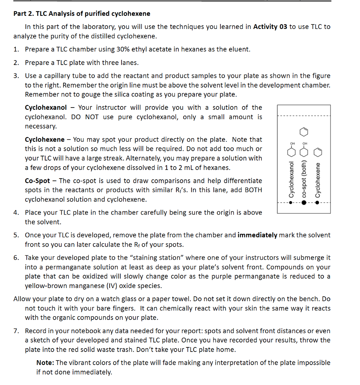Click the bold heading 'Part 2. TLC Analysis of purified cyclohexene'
coord(82,14)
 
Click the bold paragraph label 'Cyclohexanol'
coord(46,108)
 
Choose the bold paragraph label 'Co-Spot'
coord(38,181)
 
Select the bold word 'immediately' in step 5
coord(258,235)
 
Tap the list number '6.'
coord(16,258)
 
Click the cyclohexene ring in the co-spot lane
coord(304,132)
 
